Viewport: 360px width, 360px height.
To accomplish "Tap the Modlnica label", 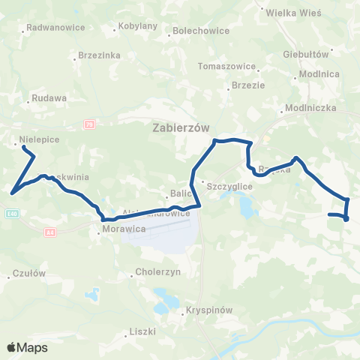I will pyautogui.click(x=319, y=74).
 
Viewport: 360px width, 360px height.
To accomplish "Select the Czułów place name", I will pyautogui.click(x=30, y=273).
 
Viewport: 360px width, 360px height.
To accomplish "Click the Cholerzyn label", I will pyautogui.click(x=157, y=272).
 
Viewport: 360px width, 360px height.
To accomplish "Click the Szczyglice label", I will pyautogui.click(x=228, y=184).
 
